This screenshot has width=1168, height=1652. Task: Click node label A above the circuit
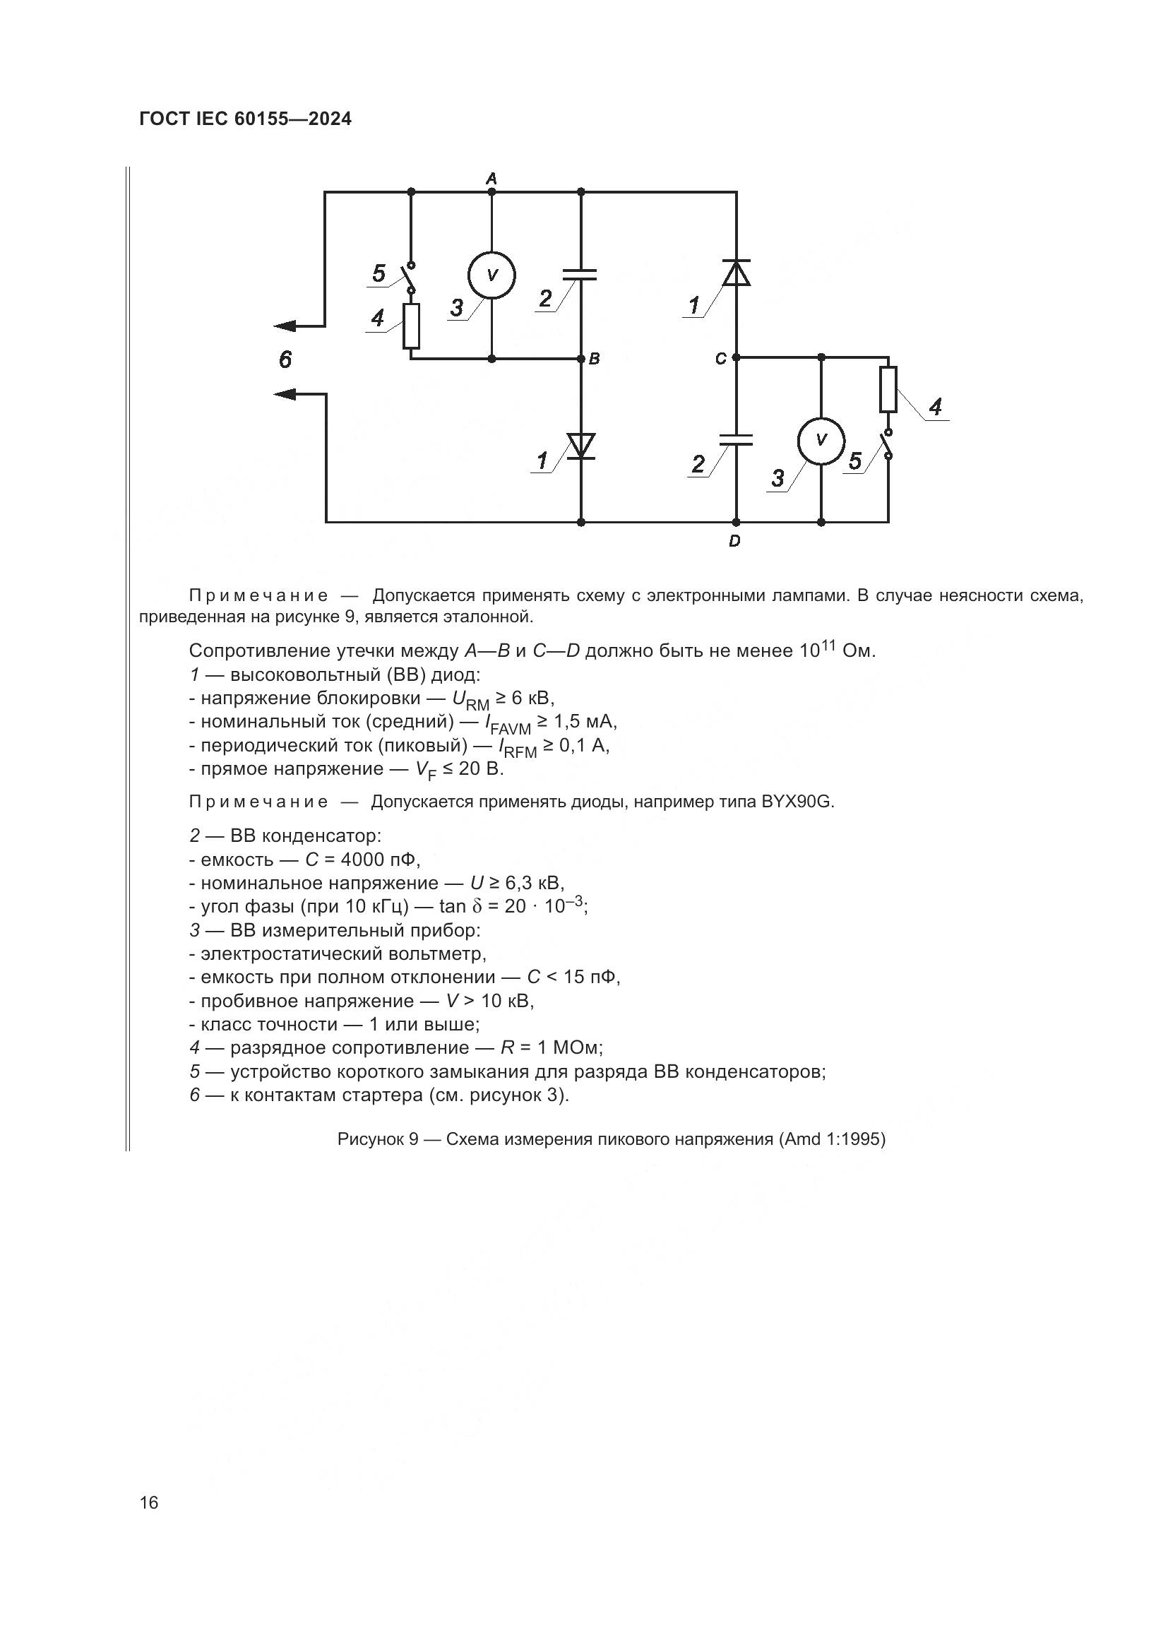click(x=491, y=177)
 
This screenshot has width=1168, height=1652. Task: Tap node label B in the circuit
click(x=594, y=358)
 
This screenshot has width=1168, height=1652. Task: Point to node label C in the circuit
click(x=721, y=358)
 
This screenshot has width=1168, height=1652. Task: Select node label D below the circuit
click(x=734, y=541)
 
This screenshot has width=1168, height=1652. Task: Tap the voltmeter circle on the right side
click(x=821, y=440)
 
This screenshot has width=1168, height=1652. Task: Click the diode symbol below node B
click(x=581, y=446)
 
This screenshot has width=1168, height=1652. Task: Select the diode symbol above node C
click(x=736, y=273)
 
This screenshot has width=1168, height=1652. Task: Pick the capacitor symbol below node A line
click(x=581, y=274)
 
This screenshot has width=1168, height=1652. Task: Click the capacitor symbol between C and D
click(x=736, y=439)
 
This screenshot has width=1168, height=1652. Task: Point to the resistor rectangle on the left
click(x=412, y=326)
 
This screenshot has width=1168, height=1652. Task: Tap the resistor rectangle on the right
click(x=888, y=389)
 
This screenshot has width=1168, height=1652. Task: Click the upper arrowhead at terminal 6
click(x=286, y=326)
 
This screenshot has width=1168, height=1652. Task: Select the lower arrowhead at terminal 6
click(x=286, y=393)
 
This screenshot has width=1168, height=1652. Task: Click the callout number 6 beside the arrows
click(x=285, y=359)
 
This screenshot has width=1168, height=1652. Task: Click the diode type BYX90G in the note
click(x=797, y=802)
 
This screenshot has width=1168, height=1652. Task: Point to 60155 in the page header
click(x=259, y=119)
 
